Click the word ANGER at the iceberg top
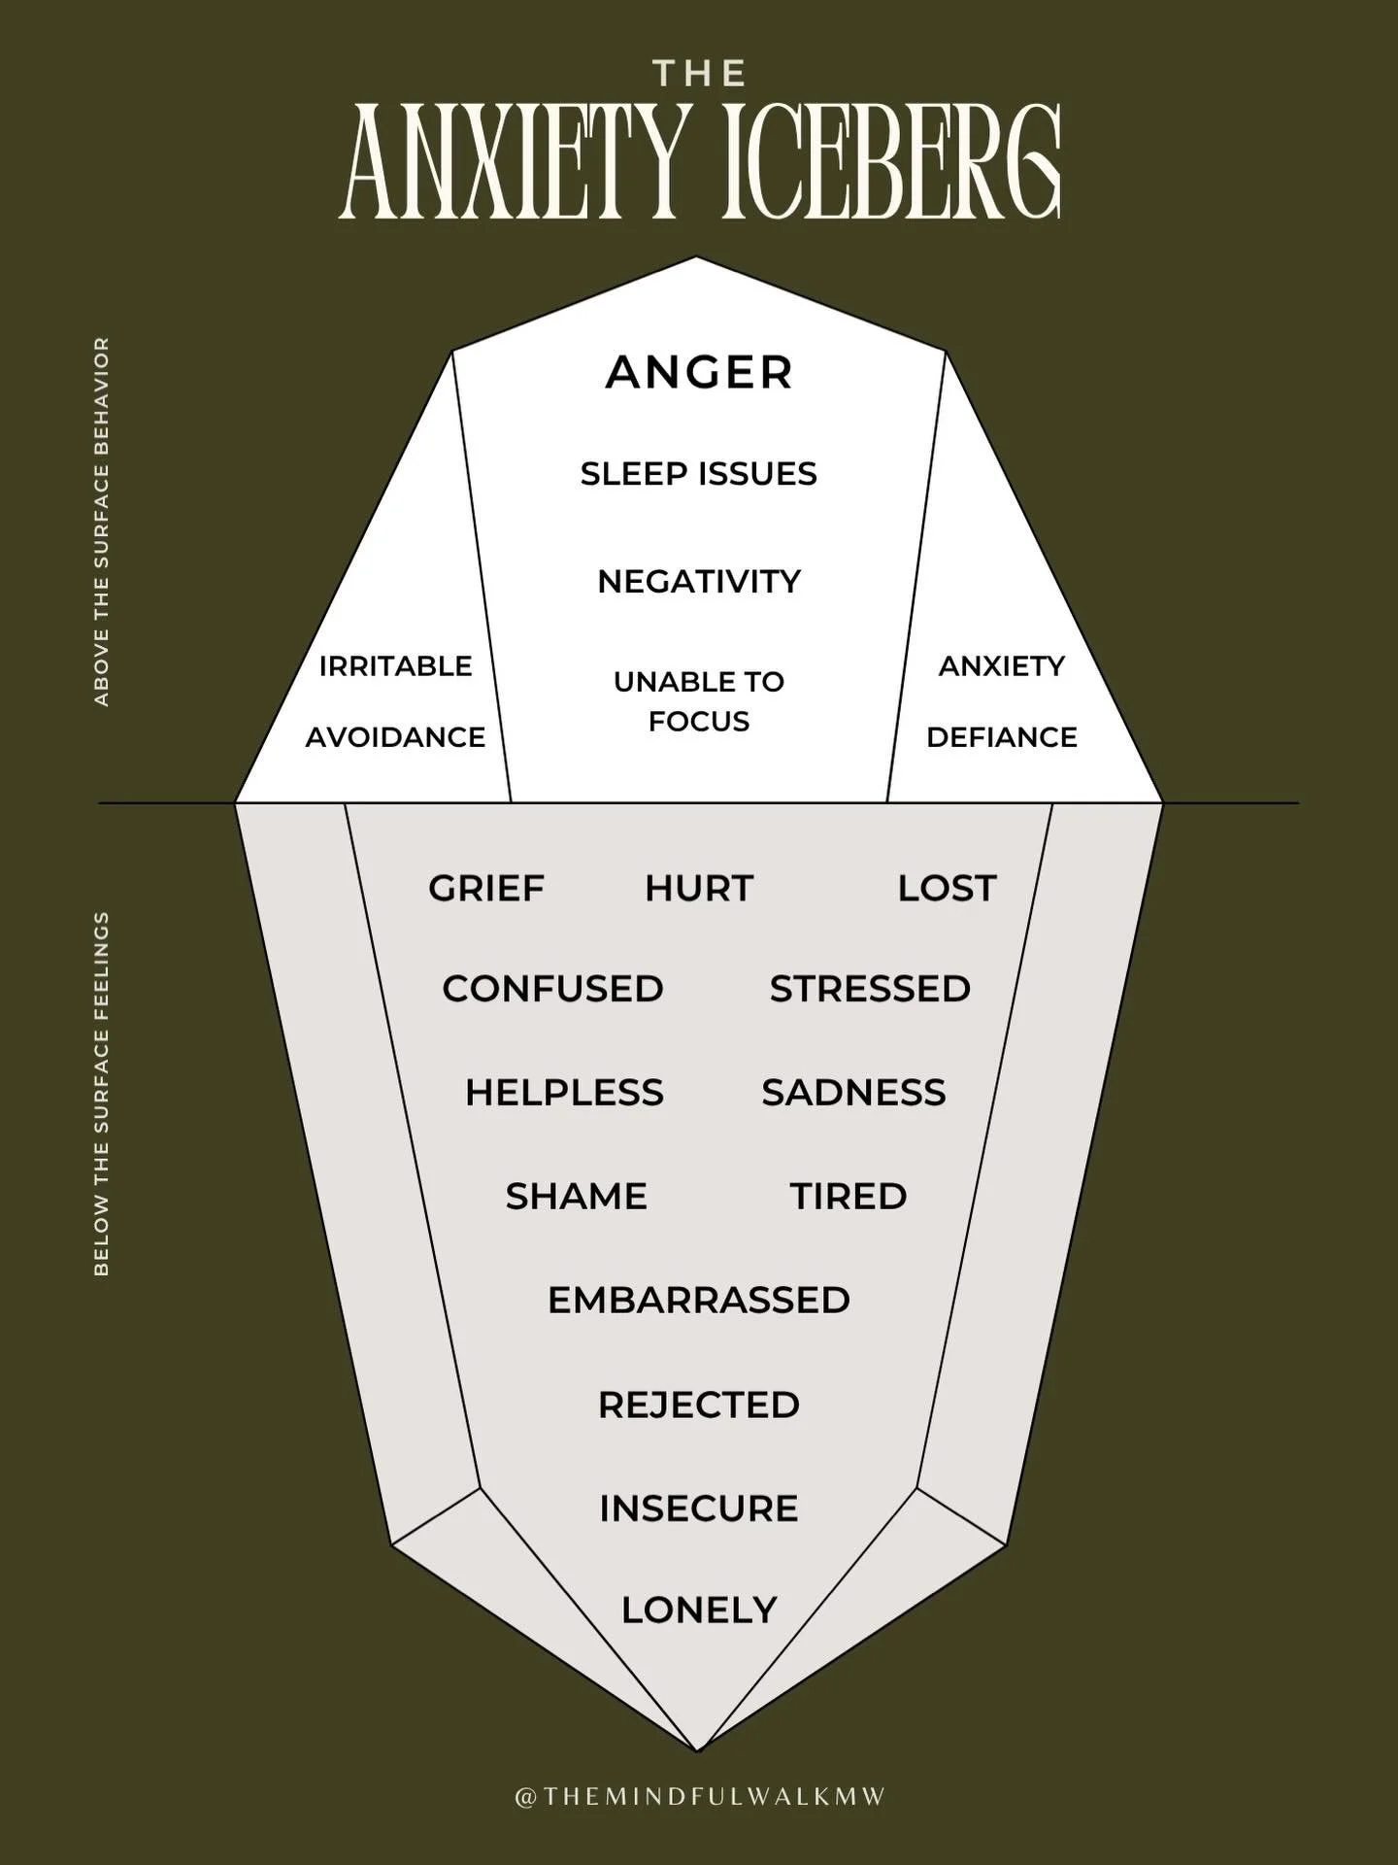(x=699, y=373)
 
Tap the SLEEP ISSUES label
(x=699, y=474)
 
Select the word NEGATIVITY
(x=699, y=582)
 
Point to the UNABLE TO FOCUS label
(x=699, y=701)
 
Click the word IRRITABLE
(x=395, y=666)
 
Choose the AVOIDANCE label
(x=395, y=737)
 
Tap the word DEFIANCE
(x=1002, y=737)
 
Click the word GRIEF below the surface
(x=486, y=888)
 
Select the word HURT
(x=699, y=888)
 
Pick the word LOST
(x=947, y=888)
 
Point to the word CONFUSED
(x=552, y=989)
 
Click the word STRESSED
(x=870, y=989)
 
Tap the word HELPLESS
(x=564, y=1093)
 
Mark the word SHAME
(x=576, y=1197)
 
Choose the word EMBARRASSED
(x=699, y=1301)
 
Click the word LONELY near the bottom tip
(x=699, y=1611)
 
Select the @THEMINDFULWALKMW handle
(x=699, y=1797)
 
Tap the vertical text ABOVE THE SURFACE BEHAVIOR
(x=102, y=522)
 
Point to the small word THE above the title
(x=699, y=74)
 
